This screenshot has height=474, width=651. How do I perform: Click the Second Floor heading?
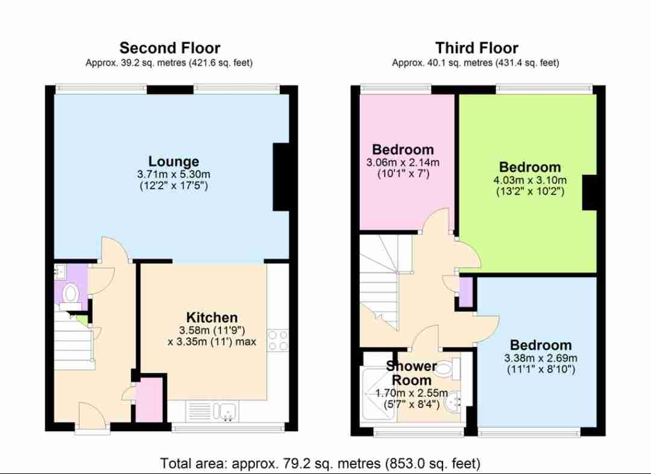pyautogui.click(x=170, y=48)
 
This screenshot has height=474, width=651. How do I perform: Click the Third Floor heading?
pyautogui.click(x=477, y=48)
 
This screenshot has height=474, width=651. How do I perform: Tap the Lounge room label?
pyautogui.click(x=174, y=161)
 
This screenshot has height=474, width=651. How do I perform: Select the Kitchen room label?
pyautogui.click(x=212, y=317)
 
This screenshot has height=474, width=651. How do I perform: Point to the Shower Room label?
pyautogui.click(x=412, y=373)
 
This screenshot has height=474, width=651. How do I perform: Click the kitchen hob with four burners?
pyautogui.click(x=278, y=340)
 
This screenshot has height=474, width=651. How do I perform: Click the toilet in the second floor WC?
pyautogui.click(x=71, y=294)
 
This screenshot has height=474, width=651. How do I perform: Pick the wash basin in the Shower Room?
pyautogui.click(x=456, y=402)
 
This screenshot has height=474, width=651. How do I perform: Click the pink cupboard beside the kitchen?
pyautogui.click(x=149, y=400)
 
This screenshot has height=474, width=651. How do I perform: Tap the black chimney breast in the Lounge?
pyautogui.click(x=281, y=177)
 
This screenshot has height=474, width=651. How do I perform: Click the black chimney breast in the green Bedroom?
pyautogui.click(x=590, y=192)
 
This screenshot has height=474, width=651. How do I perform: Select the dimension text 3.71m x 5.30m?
pyautogui.click(x=174, y=174)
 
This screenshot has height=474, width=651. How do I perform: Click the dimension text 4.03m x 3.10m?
pyautogui.click(x=530, y=181)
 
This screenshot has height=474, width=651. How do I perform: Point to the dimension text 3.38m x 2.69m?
pyautogui.click(x=541, y=358)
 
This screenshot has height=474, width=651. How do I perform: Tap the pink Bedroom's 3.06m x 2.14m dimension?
pyautogui.click(x=403, y=163)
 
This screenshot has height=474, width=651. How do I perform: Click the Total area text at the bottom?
pyautogui.click(x=320, y=463)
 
